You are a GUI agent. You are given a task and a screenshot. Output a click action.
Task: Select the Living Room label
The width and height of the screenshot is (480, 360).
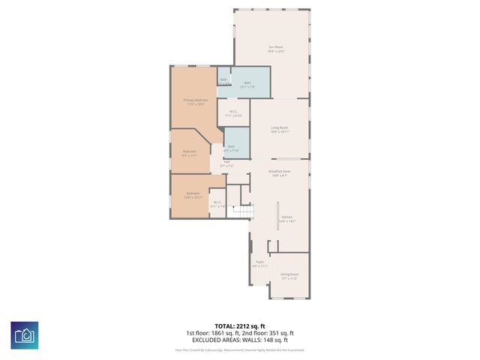click(280, 127)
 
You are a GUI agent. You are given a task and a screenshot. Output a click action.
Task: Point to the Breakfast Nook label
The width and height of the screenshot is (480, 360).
click(280, 172)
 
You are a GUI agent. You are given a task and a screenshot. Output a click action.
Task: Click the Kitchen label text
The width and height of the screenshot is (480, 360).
click(287, 217)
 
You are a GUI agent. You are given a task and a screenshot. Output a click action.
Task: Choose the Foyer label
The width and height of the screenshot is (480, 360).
click(259, 262)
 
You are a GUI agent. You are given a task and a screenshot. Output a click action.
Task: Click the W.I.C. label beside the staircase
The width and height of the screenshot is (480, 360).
click(218, 202)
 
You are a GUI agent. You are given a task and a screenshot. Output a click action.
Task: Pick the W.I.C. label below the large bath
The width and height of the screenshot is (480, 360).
click(233, 112)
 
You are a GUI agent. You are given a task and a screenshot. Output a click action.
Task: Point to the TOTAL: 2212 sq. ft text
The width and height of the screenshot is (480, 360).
click(239, 326)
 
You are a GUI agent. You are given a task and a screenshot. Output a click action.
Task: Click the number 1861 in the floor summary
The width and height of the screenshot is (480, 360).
click(223, 333)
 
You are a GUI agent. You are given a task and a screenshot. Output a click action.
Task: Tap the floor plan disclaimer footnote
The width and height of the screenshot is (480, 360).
click(239, 349)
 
